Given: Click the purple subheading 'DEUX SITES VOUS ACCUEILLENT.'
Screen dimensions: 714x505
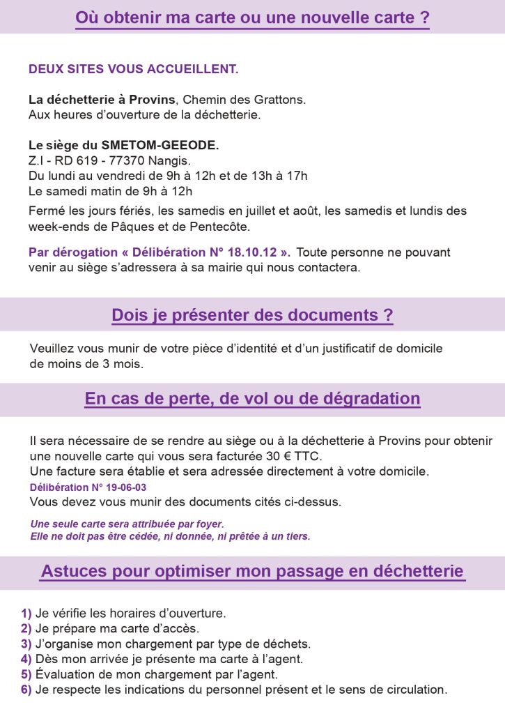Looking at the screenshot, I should click(x=133, y=70).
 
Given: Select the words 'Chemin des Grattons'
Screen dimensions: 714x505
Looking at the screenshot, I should click(x=244, y=100).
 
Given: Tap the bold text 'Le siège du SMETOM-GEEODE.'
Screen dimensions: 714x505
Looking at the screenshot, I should click(x=123, y=146).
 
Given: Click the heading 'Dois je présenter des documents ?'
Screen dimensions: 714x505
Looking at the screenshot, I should click(x=252, y=315).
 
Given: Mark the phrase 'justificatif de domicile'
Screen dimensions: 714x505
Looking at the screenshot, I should click(x=383, y=348).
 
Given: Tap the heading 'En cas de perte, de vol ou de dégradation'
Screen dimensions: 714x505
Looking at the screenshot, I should click(x=252, y=399).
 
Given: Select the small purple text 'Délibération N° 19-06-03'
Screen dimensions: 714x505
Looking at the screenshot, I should click(x=88, y=487).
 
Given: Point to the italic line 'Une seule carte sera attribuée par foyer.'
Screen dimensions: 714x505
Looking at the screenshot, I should click(x=127, y=524).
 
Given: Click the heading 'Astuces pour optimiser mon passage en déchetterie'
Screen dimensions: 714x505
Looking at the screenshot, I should click(x=252, y=572).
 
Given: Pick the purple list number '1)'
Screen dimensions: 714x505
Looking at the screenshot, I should click(x=26, y=614).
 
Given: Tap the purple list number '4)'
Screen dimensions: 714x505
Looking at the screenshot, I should click(x=26, y=659).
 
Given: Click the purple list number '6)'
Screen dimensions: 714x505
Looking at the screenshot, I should click(x=26, y=690).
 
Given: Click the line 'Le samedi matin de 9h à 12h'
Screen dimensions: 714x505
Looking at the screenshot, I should click(x=110, y=190).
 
